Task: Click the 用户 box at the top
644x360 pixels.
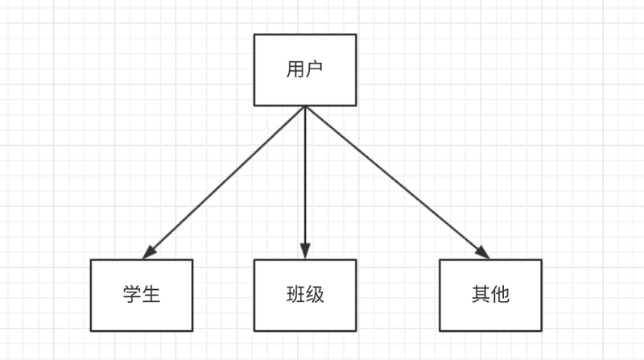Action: (x=305, y=69)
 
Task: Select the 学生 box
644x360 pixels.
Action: (x=142, y=295)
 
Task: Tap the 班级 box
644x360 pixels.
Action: (x=305, y=295)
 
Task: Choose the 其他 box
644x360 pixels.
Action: (x=490, y=295)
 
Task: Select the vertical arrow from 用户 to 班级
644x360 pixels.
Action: (x=305, y=177)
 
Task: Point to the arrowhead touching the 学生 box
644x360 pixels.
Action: (x=149, y=253)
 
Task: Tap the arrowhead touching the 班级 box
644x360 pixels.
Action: (x=305, y=251)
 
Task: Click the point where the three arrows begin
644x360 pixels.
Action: (x=305, y=107)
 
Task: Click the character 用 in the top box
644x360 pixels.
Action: (x=295, y=69)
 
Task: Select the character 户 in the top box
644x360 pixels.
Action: (x=315, y=69)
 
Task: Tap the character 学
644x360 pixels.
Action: (x=132, y=295)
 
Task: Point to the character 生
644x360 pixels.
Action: (x=151, y=295)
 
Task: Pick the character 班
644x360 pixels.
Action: (x=295, y=295)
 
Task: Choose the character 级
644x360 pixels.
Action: (x=315, y=295)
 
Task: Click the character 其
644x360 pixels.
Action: (x=481, y=295)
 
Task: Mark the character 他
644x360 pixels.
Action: (x=500, y=295)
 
